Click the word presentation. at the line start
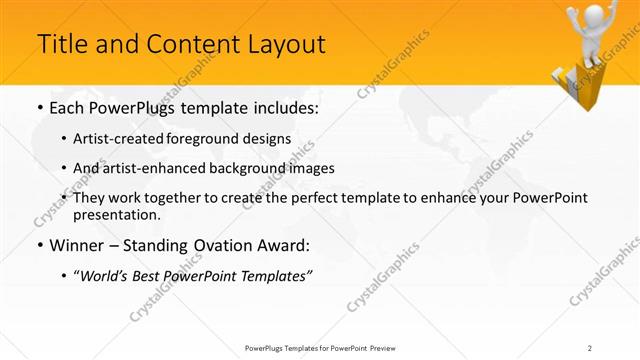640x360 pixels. pyautogui.click(x=116, y=214)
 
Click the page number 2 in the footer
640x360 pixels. pyautogui.click(x=591, y=347)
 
